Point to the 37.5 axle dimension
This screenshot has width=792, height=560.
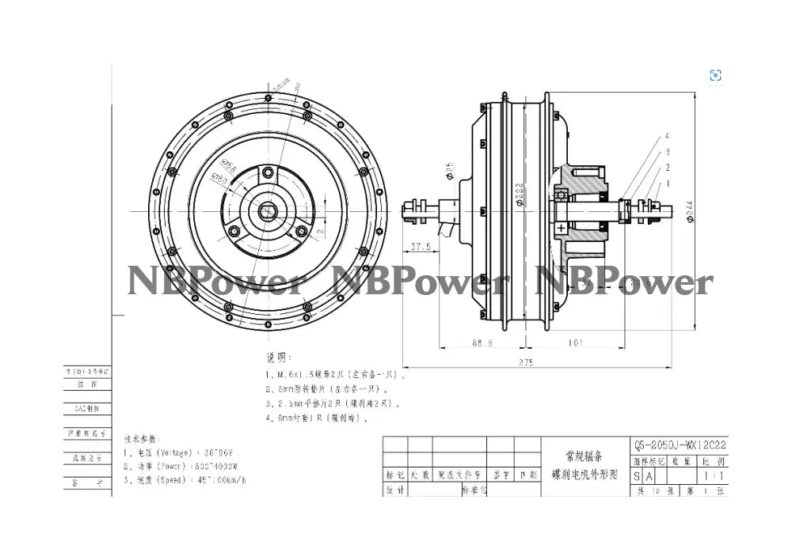(421, 247)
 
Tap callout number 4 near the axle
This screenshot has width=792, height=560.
(667, 136)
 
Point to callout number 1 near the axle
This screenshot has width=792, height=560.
(667, 184)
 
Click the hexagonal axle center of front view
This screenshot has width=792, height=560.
(268, 212)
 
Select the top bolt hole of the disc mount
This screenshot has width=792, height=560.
(268, 172)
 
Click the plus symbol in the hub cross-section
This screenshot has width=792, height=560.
(562, 228)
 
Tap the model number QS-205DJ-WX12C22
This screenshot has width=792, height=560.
(680, 445)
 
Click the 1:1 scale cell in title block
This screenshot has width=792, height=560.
(712, 476)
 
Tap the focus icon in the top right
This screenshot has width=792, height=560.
(715, 76)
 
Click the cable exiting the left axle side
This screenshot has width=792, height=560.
(452, 230)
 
